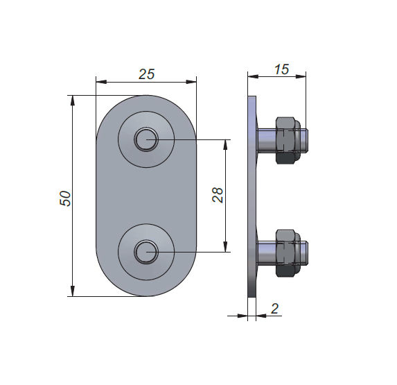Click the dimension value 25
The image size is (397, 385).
[146, 74]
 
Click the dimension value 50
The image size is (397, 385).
[65, 198]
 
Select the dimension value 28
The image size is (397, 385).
[218, 195]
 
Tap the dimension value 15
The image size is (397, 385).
[281, 69]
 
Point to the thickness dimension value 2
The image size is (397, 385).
[274, 309]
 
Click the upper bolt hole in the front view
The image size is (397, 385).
[146, 139]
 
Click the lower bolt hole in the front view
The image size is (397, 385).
[146, 253]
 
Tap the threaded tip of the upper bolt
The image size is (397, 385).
[304, 140]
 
